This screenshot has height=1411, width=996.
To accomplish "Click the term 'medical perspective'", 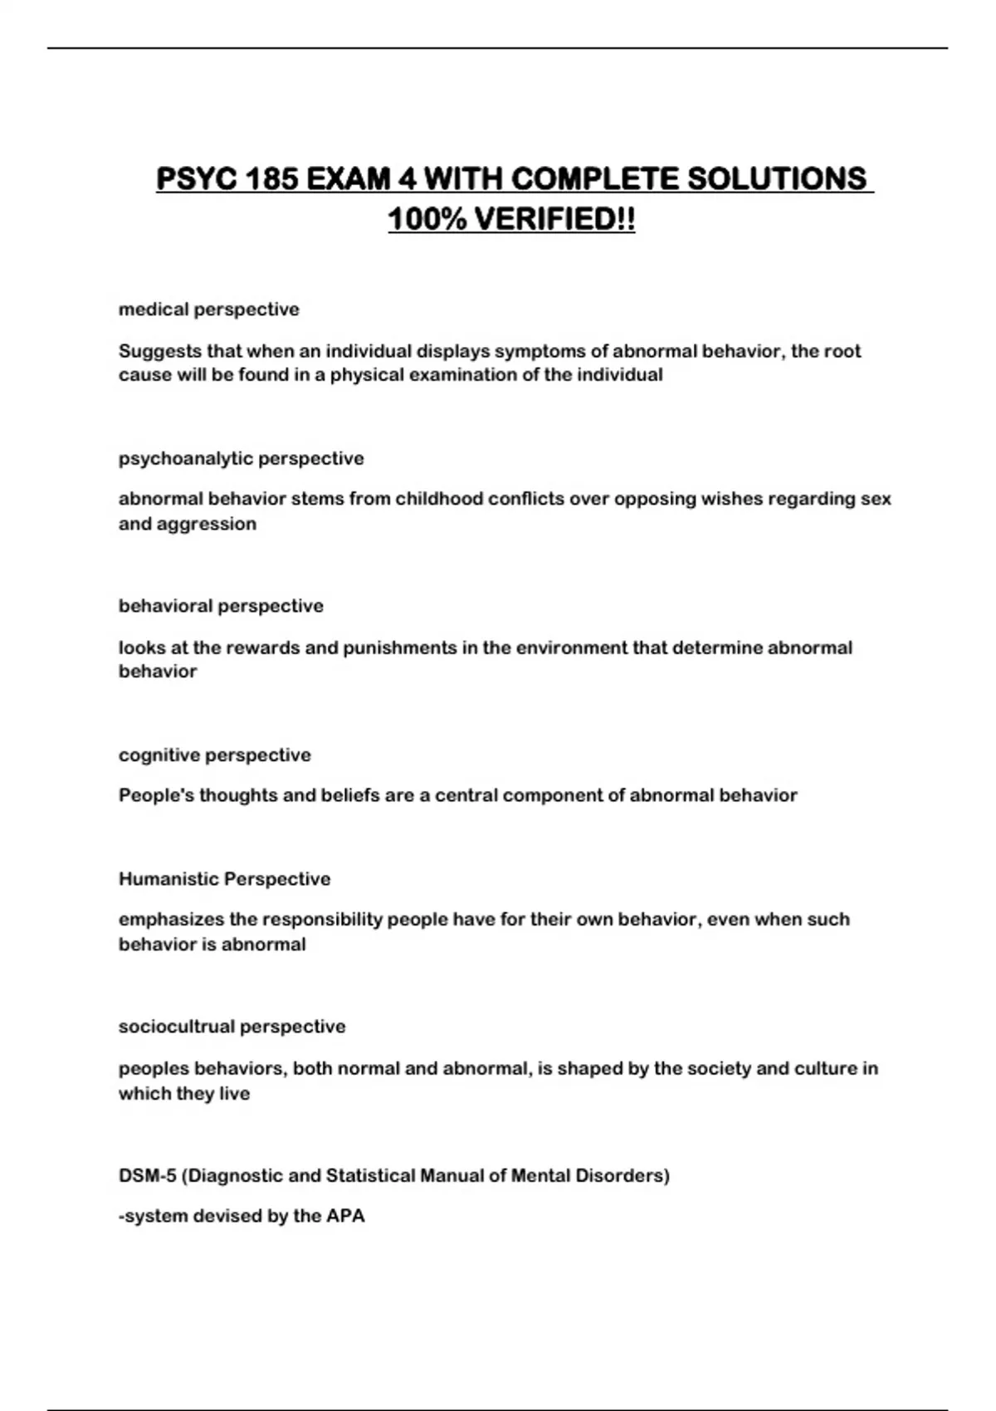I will pyautogui.click(x=208, y=310).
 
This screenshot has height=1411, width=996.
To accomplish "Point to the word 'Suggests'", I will pyautogui.click(x=160, y=351).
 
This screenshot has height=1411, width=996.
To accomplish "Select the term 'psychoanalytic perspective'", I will pyautogui.click(x=241, y=458).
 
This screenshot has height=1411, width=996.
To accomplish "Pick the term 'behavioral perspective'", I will pyautogui.click(x=221, y=606).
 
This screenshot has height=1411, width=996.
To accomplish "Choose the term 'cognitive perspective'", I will pyautogui.click(x=214, y=755).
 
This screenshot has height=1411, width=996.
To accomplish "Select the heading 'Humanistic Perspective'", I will pyautogui.click(x=224, y=879).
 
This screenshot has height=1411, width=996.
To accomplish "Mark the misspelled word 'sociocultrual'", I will pyautogui.click(x=176, y=1027).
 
